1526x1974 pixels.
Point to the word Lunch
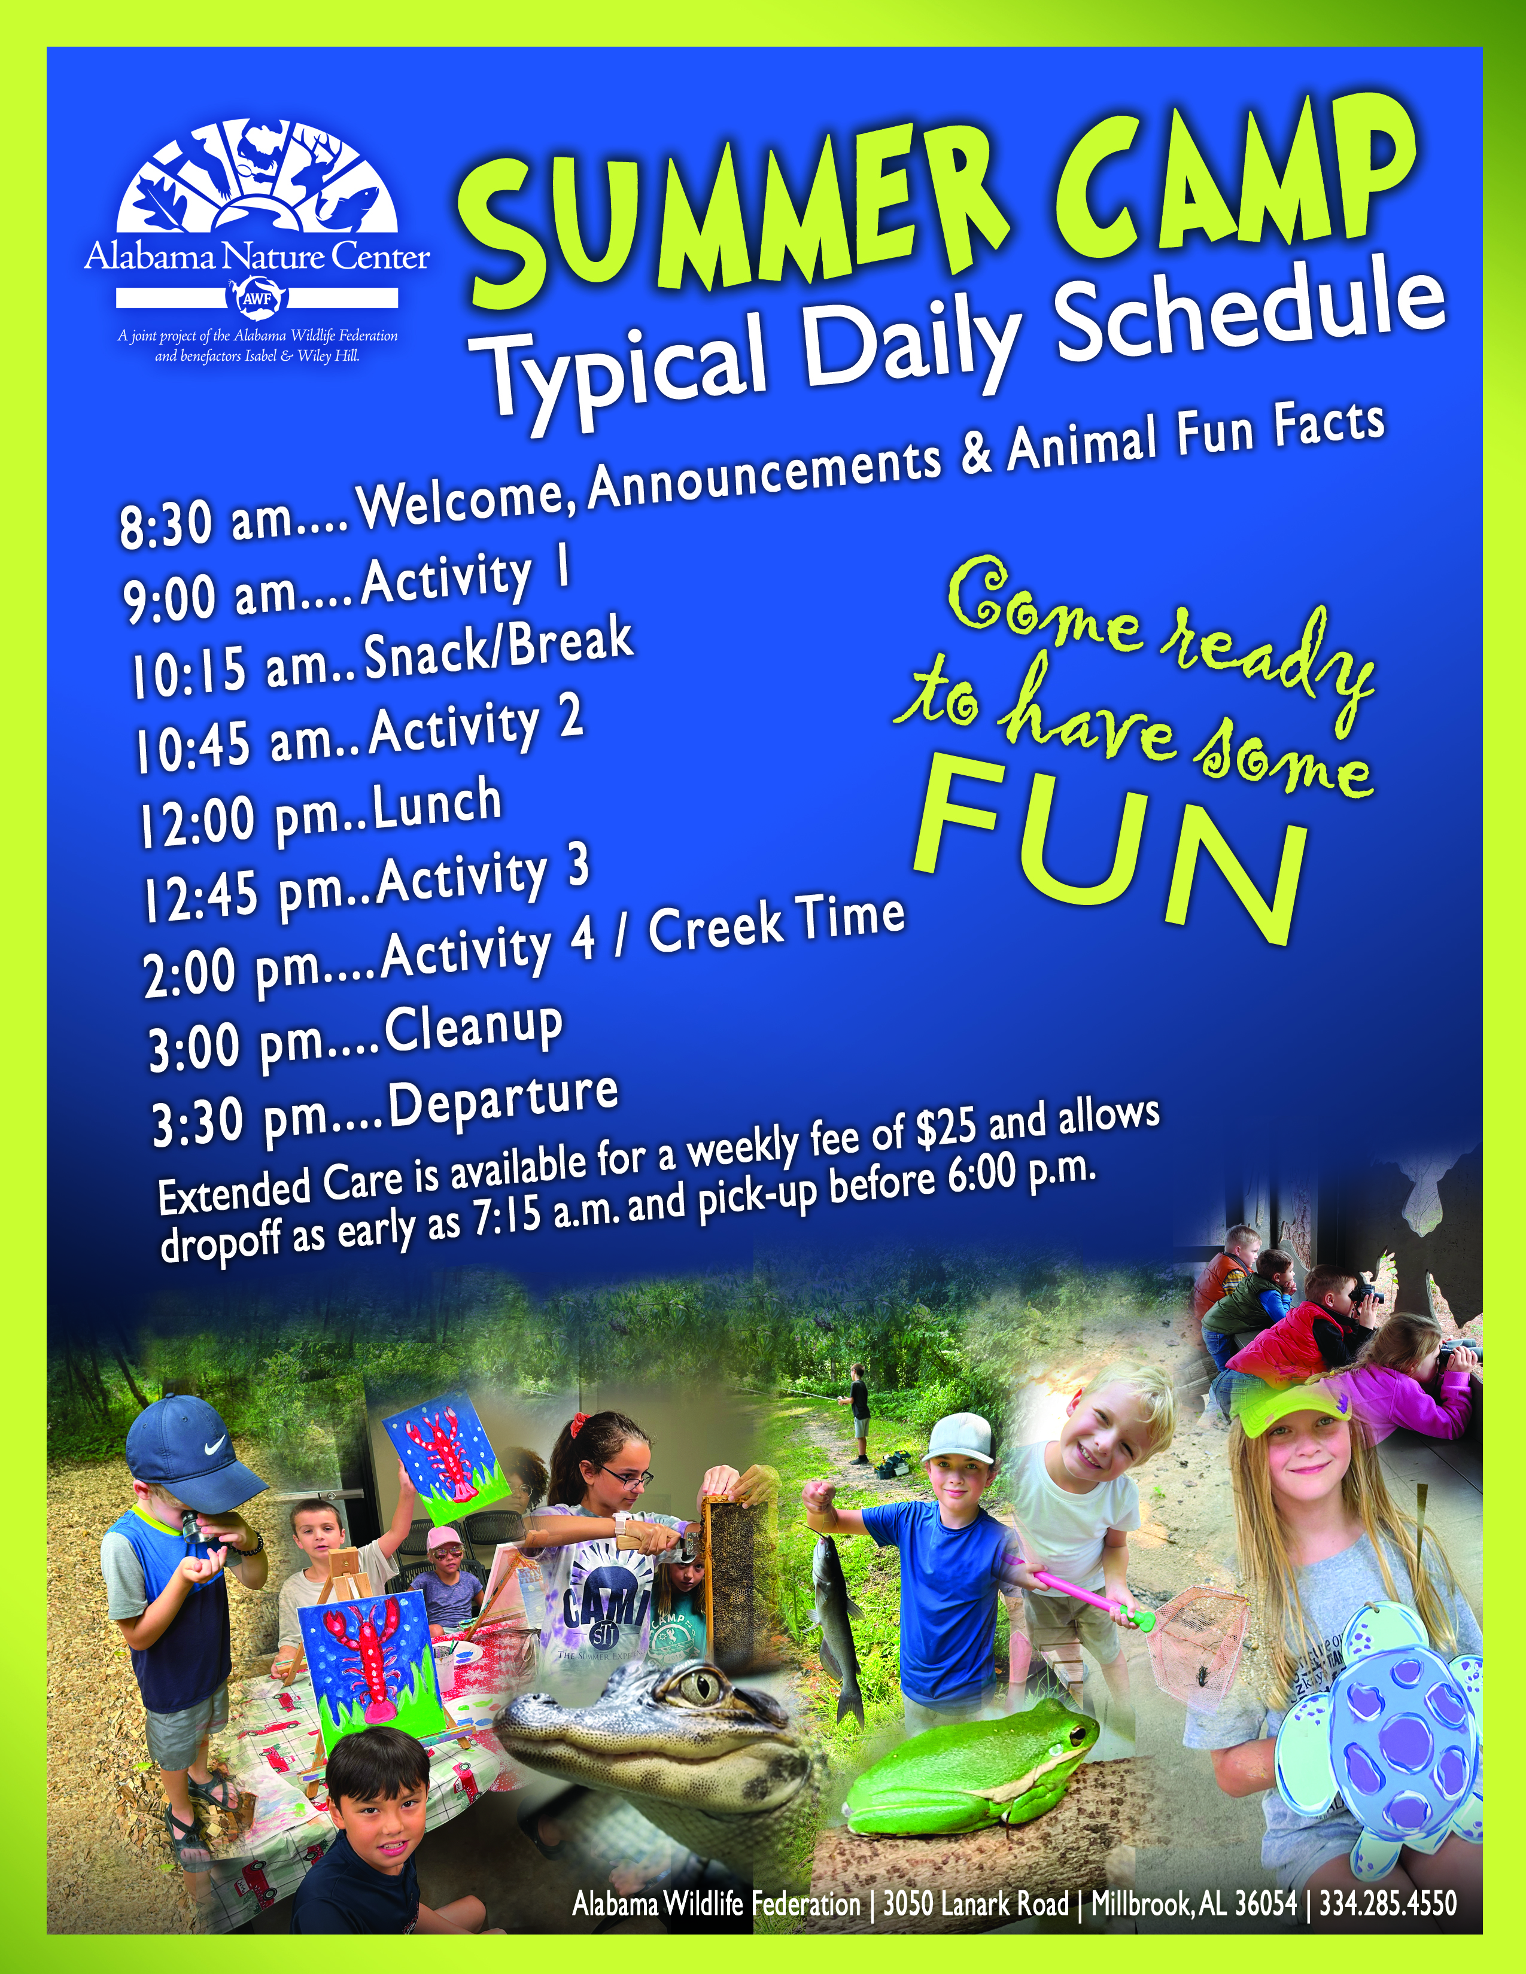[x=437, y=807]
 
